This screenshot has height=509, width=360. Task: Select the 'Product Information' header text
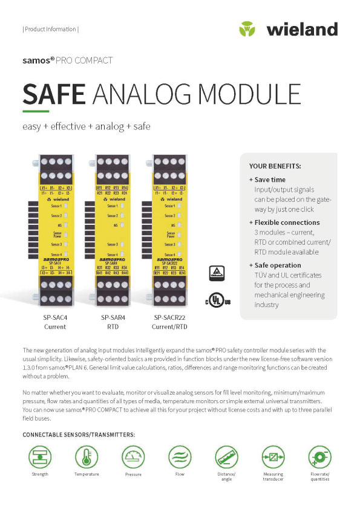point(50,29)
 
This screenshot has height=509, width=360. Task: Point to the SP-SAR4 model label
point(111,317)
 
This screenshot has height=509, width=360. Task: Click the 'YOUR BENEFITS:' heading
point(275,166)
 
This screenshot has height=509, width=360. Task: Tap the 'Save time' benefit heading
point(270,180)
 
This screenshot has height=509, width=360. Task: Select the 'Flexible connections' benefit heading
point(287,222)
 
